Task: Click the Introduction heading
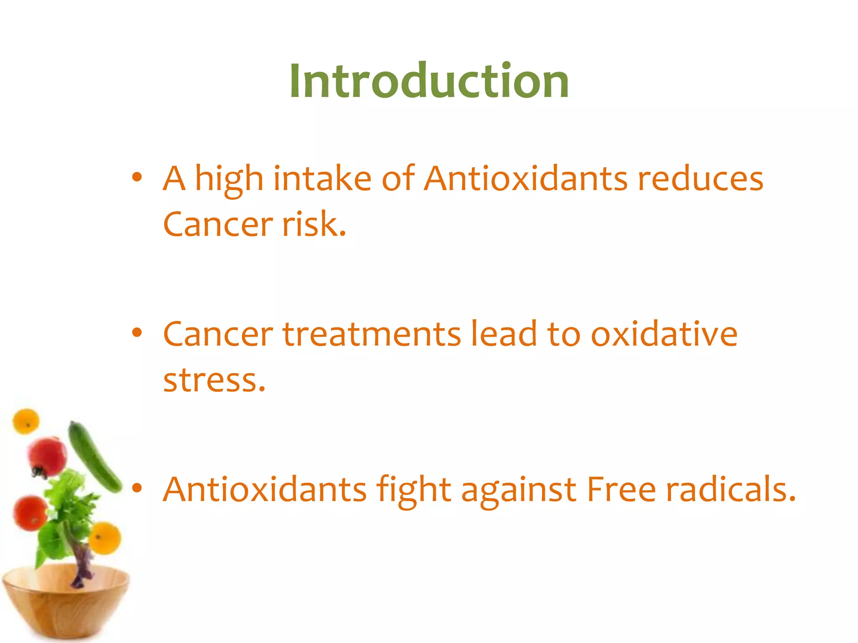coord(429,81)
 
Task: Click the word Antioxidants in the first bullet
coord(525,179)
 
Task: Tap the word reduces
coord(700,179)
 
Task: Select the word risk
coord(314,224)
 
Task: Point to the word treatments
coord(372,334)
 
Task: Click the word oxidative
coord(664,334)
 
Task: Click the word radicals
coord(731,490)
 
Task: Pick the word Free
coord(621,490)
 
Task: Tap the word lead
coord(504,334)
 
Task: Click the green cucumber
coord(94,456)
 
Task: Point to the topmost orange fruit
coord(26,421)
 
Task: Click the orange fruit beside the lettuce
coord(105,538)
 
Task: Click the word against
coord(519,490)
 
